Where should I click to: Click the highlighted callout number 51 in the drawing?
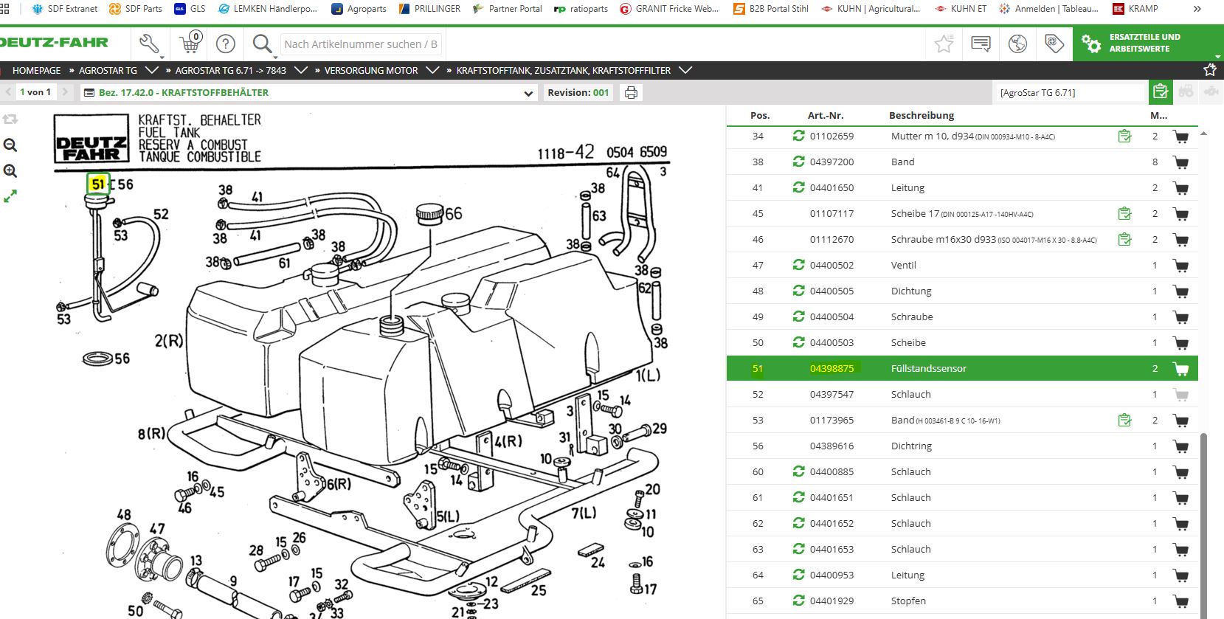(98, 184)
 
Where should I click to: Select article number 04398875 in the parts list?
(831, 368)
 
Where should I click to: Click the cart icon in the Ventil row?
(1180, 266)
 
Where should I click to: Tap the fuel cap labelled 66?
(429, 214)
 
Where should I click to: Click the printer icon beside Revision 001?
(631, 92)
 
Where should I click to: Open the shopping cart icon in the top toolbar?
(190, 43)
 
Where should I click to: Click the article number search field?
(361, 44)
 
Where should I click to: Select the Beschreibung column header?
(922, 115)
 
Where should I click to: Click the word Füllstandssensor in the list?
(928, 368)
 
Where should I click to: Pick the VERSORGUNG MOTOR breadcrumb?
(371, 71)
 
